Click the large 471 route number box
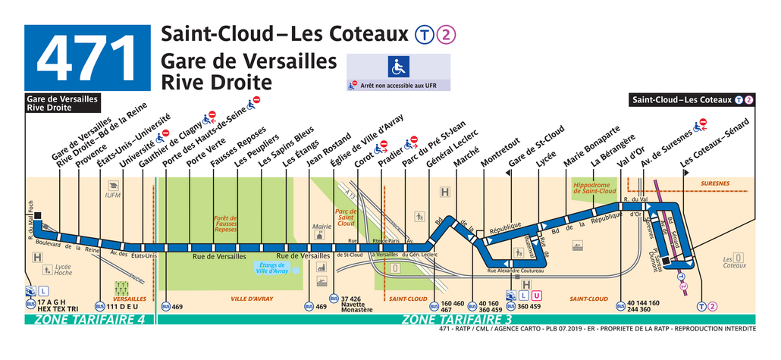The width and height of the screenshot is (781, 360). pos(86,58)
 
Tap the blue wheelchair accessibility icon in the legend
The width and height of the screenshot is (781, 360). pos(397,67)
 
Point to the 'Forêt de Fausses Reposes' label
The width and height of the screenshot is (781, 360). pos(226,224)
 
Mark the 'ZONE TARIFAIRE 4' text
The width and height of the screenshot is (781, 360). pos(89,321)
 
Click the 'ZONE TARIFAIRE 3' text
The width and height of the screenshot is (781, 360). pos(455,321)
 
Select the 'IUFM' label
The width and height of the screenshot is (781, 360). pos(113,196)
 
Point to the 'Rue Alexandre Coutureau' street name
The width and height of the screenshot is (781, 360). pos(515,271)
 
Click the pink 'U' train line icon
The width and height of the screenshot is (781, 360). pos(536,295)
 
